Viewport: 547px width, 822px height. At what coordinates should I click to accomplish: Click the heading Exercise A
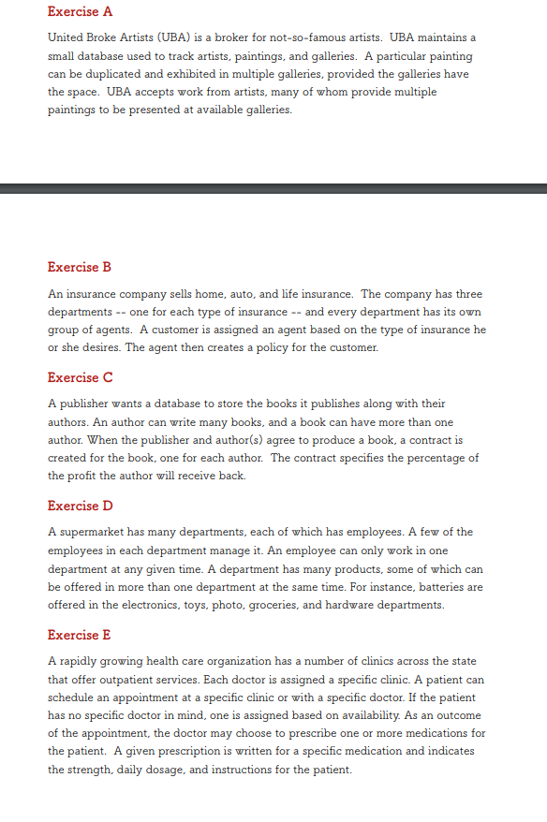click(80, 12)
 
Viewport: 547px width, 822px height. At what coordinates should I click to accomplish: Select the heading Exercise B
click(80, 267)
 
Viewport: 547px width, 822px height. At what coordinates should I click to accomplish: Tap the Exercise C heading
click(80, 377)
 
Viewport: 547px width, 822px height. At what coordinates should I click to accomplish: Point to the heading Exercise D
click(80, 506)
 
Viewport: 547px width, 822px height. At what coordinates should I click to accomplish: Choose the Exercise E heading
click(80, 635)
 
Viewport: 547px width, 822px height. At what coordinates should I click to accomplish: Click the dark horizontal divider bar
click(273, 188)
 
